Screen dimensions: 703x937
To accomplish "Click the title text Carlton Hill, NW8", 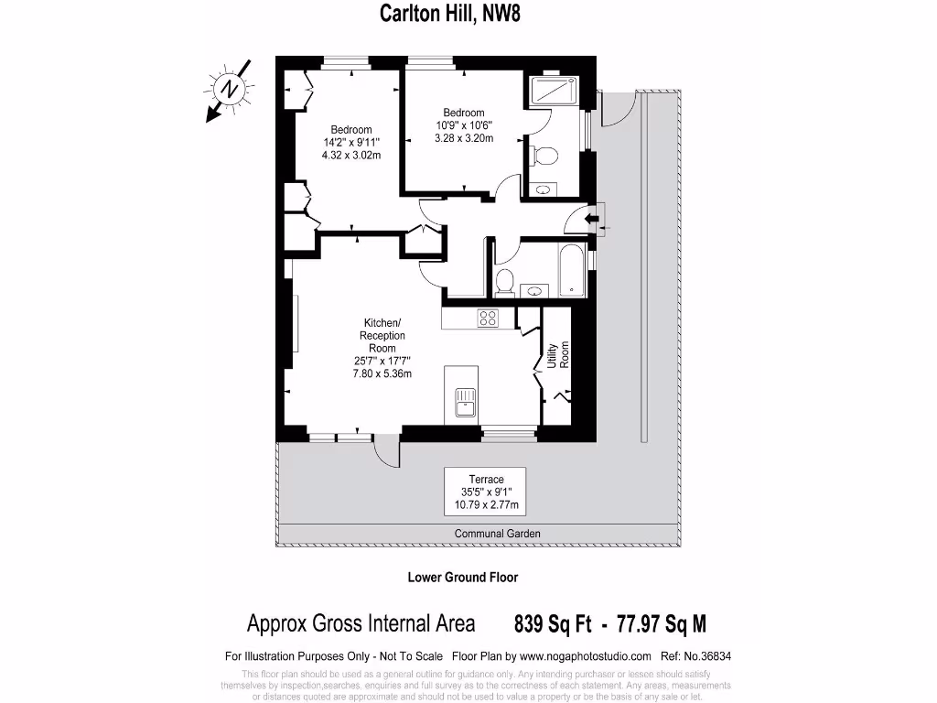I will [x=449, y=13].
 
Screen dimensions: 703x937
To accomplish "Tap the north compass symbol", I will [x=228, y=90].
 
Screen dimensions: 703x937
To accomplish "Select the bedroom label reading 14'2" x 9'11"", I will [x=351, y=142].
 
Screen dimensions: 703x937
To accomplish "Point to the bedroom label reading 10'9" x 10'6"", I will [x=464, y=125].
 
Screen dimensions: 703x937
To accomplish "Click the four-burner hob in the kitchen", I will [x=488, y=319].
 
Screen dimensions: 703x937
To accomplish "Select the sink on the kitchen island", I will [x=466, y=399].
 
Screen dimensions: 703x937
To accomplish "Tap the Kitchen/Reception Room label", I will [x=382, y=348].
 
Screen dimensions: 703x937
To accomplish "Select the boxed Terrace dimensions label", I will [x=485, y=492].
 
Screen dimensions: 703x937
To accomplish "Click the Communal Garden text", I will [x=497, y=534].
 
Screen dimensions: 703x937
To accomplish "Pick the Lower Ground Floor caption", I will [x=462, y=578].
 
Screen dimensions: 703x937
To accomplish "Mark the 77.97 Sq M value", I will [x=662, y=624].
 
